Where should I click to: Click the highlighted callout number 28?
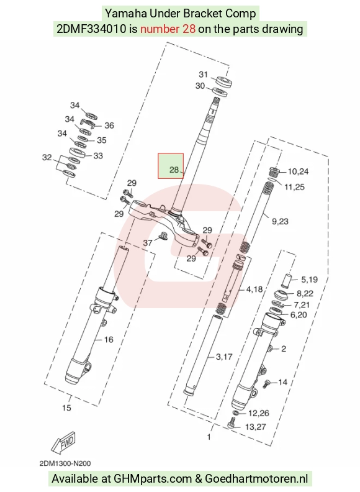click(x=174, y=170)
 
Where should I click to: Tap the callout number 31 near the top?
click(x=204, y=75)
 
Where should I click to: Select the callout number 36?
click(x=109, y=125)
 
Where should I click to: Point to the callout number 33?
click(x=98, y=156)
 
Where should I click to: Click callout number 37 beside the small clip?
click(x=148, y=242)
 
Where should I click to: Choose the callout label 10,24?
click(x=298, y=171)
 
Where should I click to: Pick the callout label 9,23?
click(x=280, y=222)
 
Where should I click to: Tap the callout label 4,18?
click(x=254, y=289)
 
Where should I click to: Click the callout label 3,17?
click(x=224, y=357)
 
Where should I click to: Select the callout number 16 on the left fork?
click(x=109, y=340)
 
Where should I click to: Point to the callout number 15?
click(x=66, y=408)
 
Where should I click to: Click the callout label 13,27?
click(x=255, y=427)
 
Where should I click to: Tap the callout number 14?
click(x=283, y=382)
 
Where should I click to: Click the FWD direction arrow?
click(x=64, y=443)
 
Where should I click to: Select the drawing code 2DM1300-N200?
click(x=65, y=463)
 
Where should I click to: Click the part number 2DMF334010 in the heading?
click(x=92, y=29)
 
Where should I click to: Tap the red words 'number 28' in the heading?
click(x=168, y=29)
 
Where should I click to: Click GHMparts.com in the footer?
click(x=153, y=479)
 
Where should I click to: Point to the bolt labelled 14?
click(x=266, y=383)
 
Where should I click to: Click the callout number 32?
click(x=47, y=157)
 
